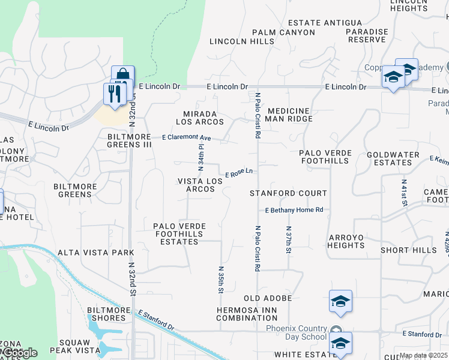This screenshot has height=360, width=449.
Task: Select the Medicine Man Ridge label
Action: (290, 115)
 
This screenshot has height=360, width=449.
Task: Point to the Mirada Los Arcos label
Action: (200, 118)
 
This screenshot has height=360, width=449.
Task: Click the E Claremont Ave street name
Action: (187, 137)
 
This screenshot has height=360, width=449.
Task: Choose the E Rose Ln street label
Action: (238, 173)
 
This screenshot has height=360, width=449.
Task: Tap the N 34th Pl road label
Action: (201, 155)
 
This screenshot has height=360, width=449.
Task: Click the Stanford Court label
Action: (289, 193)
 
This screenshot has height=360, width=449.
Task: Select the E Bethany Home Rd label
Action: (294, 210)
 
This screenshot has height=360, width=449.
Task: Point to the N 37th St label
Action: (289, 239)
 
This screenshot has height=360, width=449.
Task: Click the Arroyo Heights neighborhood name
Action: (346, 241)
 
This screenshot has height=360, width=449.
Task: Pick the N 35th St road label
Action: (221, 280)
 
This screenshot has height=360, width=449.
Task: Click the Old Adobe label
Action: (268, 298)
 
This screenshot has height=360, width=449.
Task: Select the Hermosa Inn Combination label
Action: (247, 314)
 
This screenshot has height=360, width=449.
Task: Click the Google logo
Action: (19, 353)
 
